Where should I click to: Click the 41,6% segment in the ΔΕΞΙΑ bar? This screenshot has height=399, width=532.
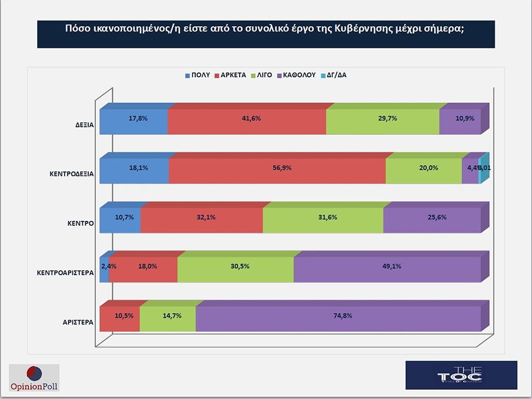tap(247, 122)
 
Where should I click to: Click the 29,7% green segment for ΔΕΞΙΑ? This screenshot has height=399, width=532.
tap(383, 122)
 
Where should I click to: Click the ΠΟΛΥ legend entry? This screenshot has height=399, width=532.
tap(195, 75)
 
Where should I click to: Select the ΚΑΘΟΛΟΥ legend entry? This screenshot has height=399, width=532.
tap(296, 75)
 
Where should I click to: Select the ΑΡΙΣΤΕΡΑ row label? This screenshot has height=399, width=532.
tap(78, 322)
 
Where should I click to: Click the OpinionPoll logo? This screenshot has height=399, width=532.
tap(35, 378)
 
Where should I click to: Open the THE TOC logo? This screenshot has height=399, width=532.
tap(461, 375)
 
